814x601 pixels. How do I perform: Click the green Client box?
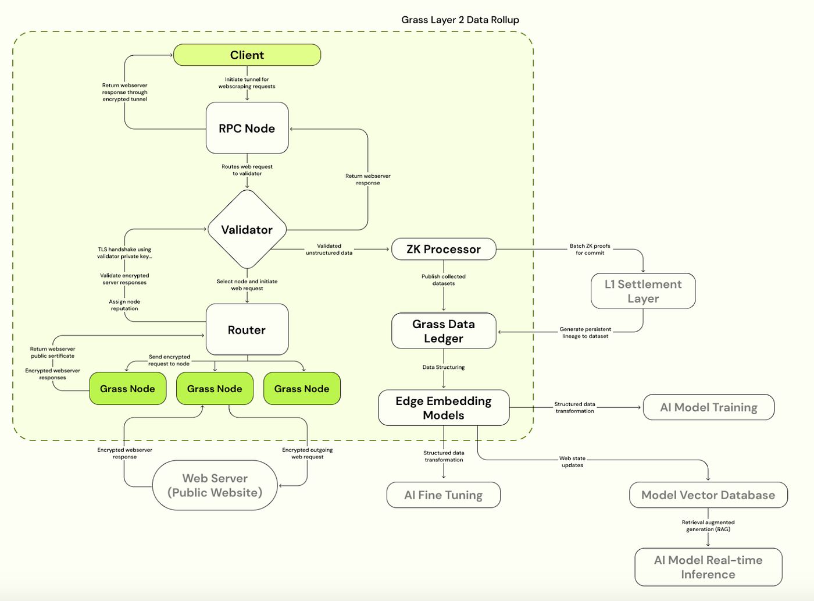pos(247,55)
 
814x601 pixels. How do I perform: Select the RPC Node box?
pos(247,129)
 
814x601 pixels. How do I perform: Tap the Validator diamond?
pos(247,230)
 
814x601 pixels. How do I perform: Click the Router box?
pos(247,330)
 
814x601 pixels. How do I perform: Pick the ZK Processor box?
pos(444,249)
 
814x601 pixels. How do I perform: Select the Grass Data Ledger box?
pos(444,331)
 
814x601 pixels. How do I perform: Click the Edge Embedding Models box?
pos(444,408)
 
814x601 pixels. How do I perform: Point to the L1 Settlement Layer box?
pos(643,291)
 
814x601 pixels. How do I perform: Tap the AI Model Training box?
pos(709,407)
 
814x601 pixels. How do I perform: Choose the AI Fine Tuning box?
pos(444,495)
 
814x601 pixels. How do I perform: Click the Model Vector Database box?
pos(708,495)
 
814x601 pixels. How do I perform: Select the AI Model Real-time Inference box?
pos(708,567)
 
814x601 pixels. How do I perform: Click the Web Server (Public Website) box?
pos(215,485)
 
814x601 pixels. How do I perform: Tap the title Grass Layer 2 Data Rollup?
pos(460,20)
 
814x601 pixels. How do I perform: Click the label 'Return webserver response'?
pos(368,179)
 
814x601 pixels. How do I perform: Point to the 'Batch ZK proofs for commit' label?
pos(590,250)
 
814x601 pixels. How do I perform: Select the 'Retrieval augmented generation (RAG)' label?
pos(708,526)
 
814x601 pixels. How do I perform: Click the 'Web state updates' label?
pos(572,462)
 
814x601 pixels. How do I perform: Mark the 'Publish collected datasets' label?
pos(444,280)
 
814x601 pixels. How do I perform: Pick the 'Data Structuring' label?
pos(444,367)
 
